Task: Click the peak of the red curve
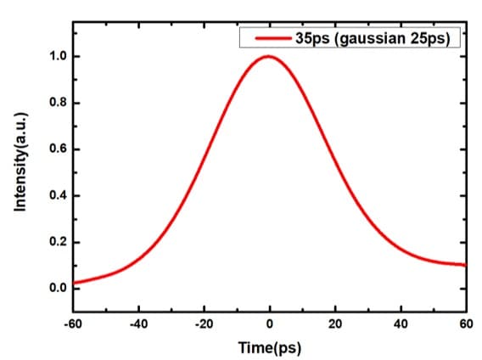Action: [x=269, y=57]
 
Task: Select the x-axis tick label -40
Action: [x=138, y=323]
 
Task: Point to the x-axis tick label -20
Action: [x=204, y=323]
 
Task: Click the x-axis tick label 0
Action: [x=270, y=323]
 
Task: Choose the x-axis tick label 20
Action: [x=335, y=323]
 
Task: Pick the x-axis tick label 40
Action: [x=401, y=323]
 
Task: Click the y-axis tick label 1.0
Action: [x=57, y=57]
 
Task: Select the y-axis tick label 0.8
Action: [x=57, y=104]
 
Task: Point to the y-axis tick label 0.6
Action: [x=57, y=149]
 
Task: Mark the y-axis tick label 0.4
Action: [x=57, y=196]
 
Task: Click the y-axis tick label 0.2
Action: [x=57, y=243]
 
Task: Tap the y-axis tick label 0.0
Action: [x=57, y=289]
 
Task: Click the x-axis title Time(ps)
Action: [x=270, y=348]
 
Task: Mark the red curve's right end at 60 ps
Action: [x=465, y=265]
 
